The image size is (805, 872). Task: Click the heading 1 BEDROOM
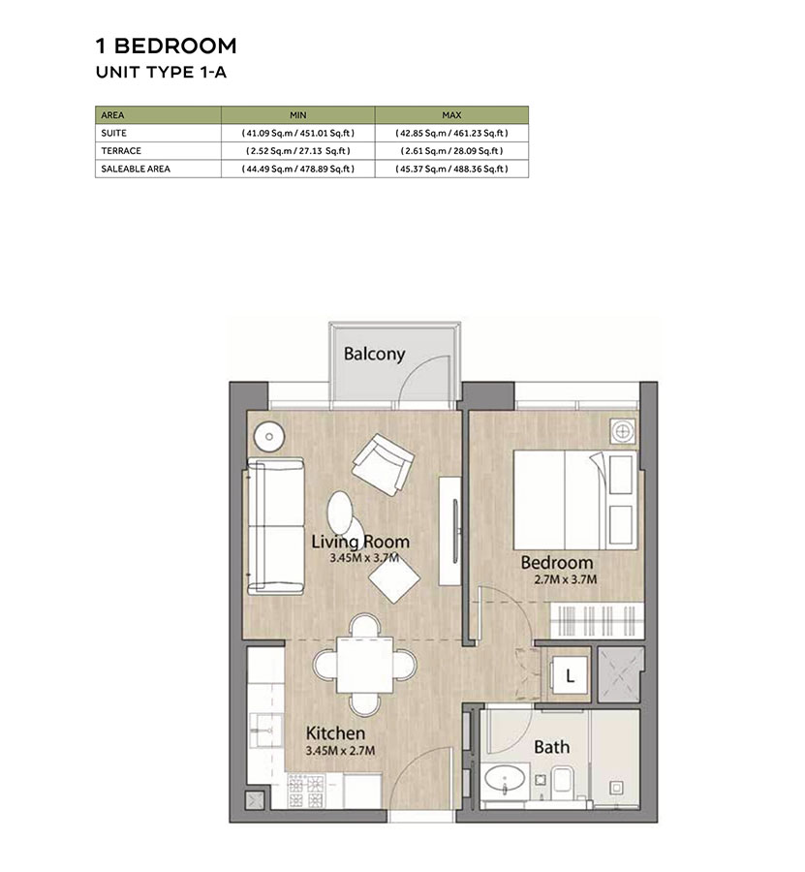pos(166,46)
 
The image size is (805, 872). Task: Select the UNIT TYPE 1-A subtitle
pos(160,72)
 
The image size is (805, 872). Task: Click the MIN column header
pos(297,114)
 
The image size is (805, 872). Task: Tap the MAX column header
pos(451,114)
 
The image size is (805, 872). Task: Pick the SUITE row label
pos(113,133)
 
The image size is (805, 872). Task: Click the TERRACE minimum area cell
pos(297,150)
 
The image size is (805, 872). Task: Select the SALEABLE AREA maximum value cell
pos(451,169)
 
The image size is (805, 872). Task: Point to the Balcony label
pos(374,354)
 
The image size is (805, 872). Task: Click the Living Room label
pos(360,542)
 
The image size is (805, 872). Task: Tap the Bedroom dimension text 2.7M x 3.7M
pos(557,579)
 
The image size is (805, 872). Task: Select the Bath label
pos(551,747)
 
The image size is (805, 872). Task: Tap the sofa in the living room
pos(273,527)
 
